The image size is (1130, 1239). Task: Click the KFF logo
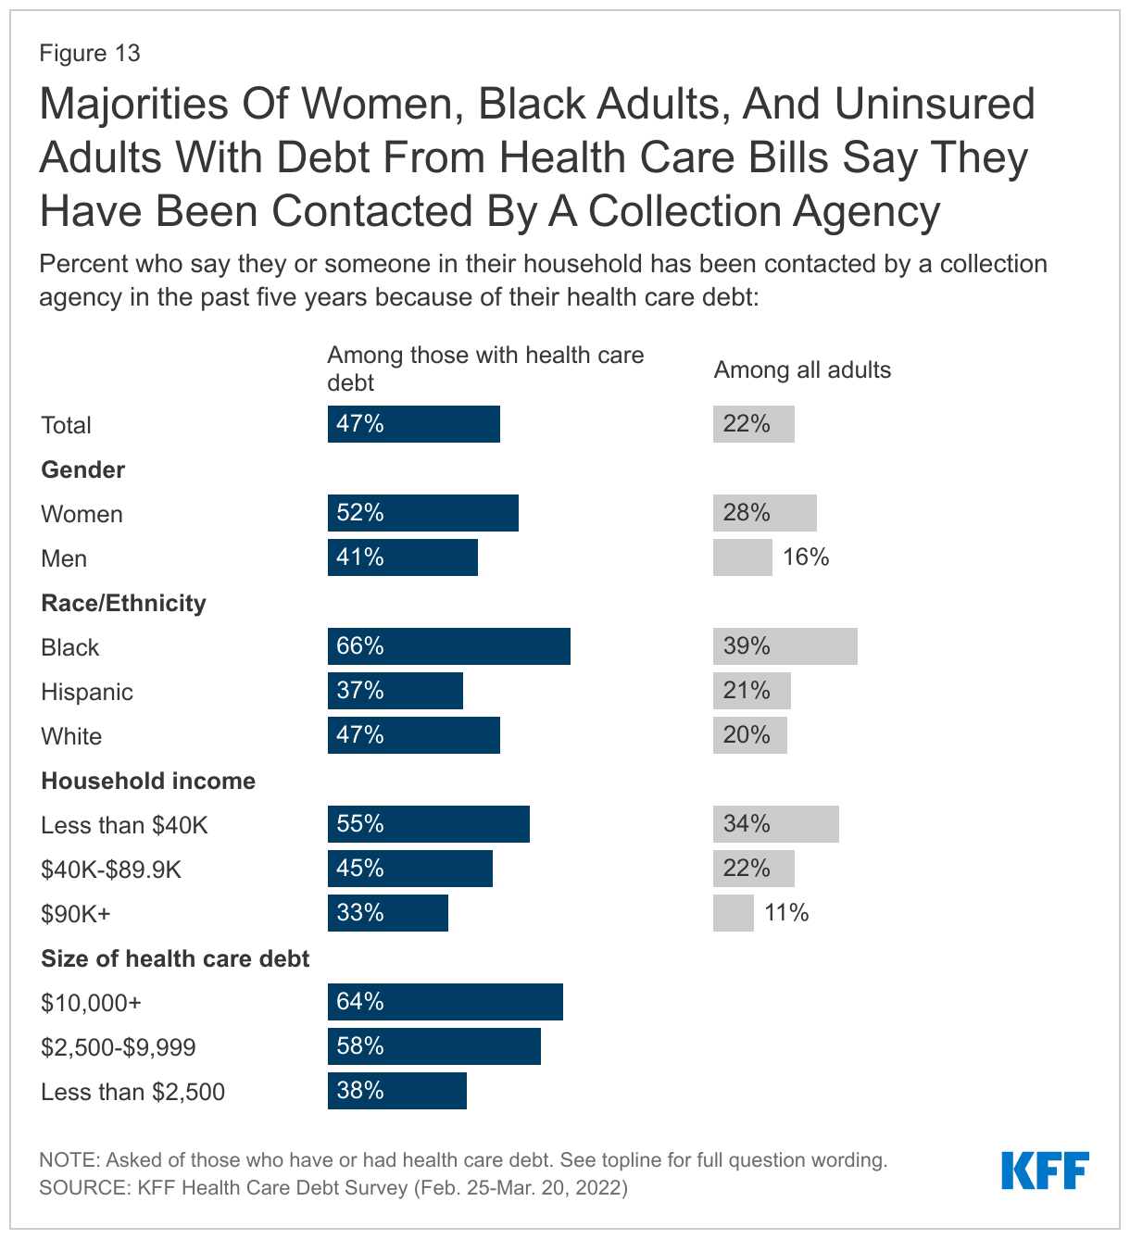[1045, 1170]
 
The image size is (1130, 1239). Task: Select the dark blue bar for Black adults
[448, 646]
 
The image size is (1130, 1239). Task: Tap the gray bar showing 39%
[785, 646]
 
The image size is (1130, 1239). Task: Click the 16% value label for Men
[806, 557]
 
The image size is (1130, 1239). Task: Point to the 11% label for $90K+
[786, 913]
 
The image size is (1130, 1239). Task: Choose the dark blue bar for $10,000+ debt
[445, 1002]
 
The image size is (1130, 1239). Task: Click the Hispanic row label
[87, 692]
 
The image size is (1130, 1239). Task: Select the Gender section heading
[82, 469]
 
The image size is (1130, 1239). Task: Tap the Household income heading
[148, 781]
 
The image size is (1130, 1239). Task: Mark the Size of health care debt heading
[175, 958]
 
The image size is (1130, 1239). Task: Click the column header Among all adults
[802, 369]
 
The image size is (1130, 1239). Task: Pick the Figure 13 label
[90, 53]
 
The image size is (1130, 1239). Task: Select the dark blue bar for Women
[422, 513]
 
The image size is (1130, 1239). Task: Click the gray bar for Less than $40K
[775, 824]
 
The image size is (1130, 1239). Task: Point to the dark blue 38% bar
[396, 1091]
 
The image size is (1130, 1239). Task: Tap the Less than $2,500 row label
[132, 1092]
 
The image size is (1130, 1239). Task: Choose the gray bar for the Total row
[753, 424]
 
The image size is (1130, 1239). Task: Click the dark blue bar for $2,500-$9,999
[433, 1046]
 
